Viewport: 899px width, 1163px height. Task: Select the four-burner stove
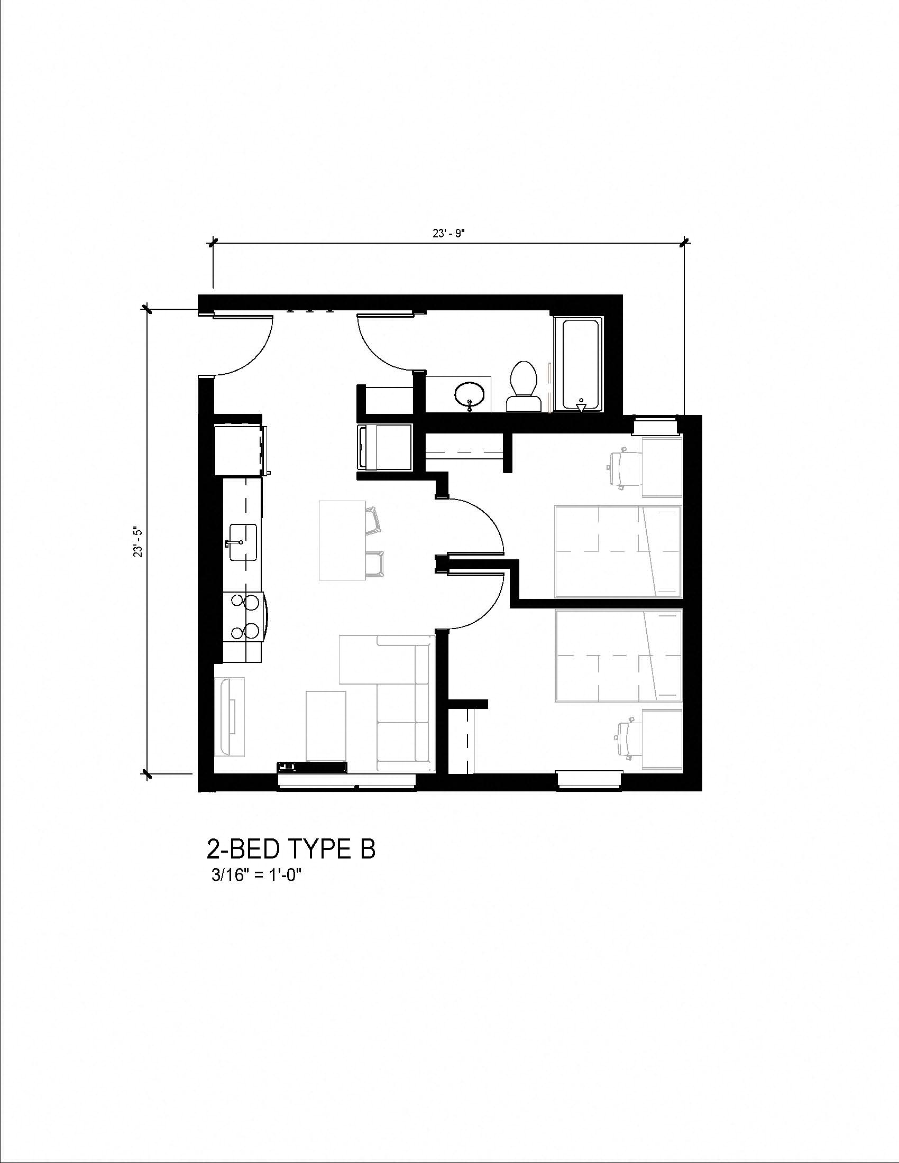pyautogui.click(x=244, y=616)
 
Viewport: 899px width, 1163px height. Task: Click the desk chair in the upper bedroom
pyautogui.click(x=623, y=468)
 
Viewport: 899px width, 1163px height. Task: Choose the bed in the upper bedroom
pyautogui.click(x=618, y=551)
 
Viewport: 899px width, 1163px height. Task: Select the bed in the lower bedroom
pyautogui.click(x=618, y=656)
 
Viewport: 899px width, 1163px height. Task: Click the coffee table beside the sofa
pyautogui.click(x=326, y=725)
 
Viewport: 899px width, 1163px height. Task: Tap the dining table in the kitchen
pyautogui.click(x=342, y=540)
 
